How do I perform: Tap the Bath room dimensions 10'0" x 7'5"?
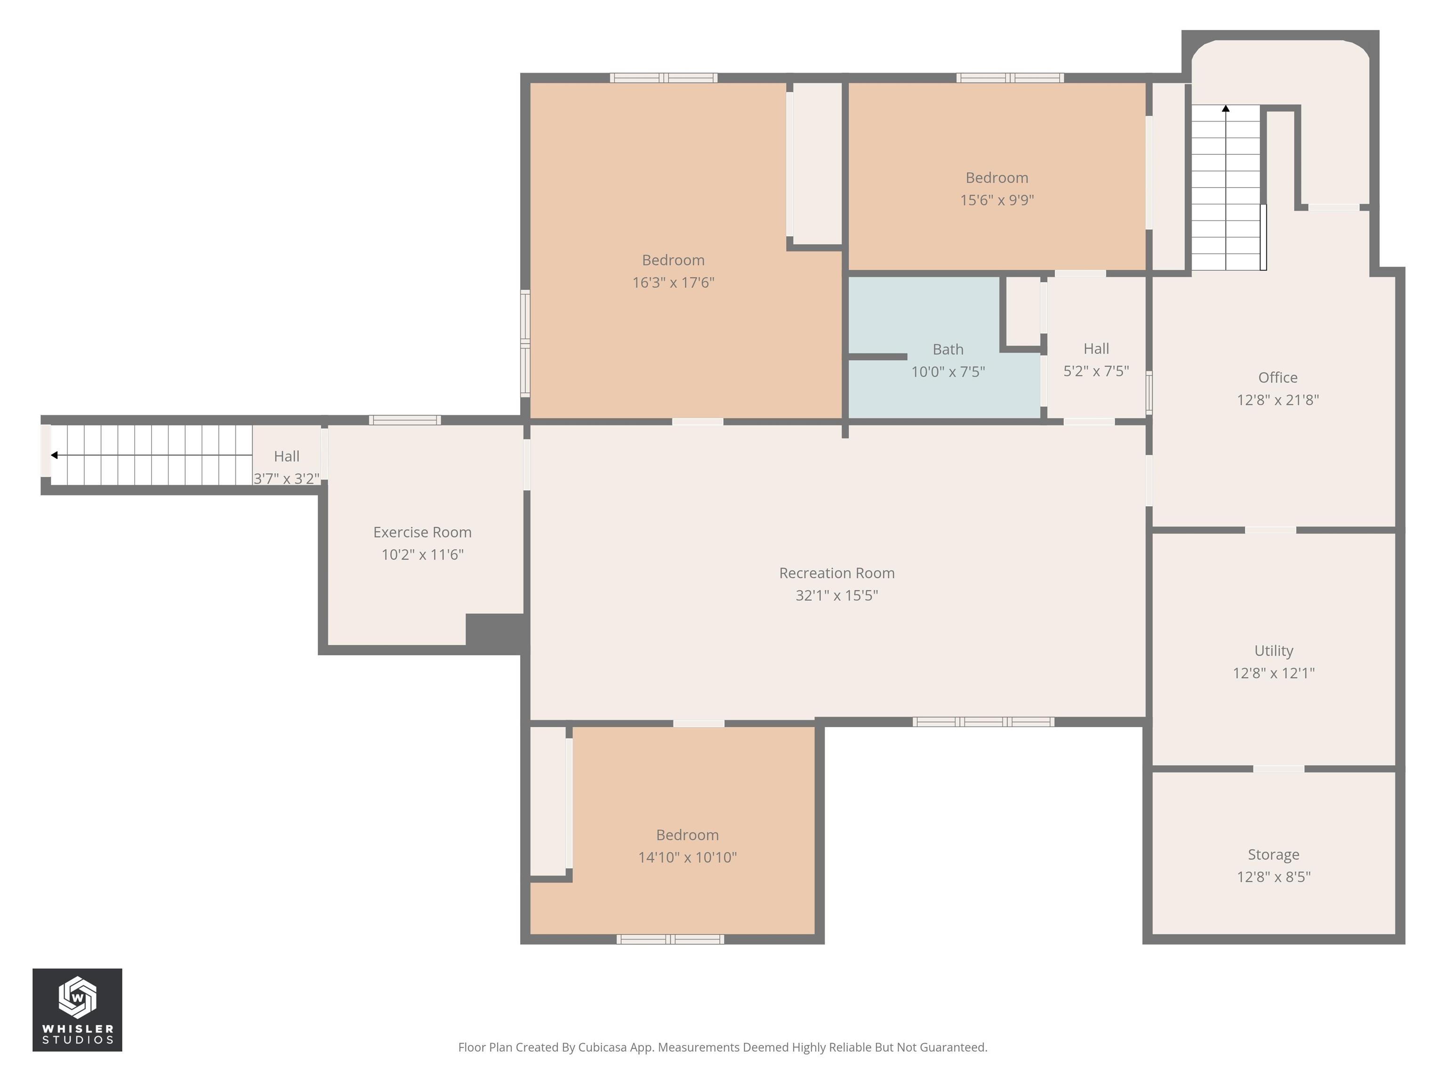pos(948,372)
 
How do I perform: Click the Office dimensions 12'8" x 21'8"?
pos(1277,400)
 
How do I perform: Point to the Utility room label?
pos(1273,650)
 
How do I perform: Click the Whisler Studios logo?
pos(77,1010)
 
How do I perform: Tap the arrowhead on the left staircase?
pos(54,455)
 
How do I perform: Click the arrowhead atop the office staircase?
pos(1226,109)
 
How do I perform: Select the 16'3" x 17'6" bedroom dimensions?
pos(673,282)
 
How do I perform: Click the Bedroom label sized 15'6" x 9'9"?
pos(996,178)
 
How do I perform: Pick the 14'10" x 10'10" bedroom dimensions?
pos(687,857)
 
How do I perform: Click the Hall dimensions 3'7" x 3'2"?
pos(286,478)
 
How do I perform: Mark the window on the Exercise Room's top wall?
pos(405,420)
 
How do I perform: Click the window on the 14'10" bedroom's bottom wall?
pos(670,939)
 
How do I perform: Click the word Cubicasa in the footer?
pos(602,1047)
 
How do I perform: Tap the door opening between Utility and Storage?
pos(1278,768)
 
